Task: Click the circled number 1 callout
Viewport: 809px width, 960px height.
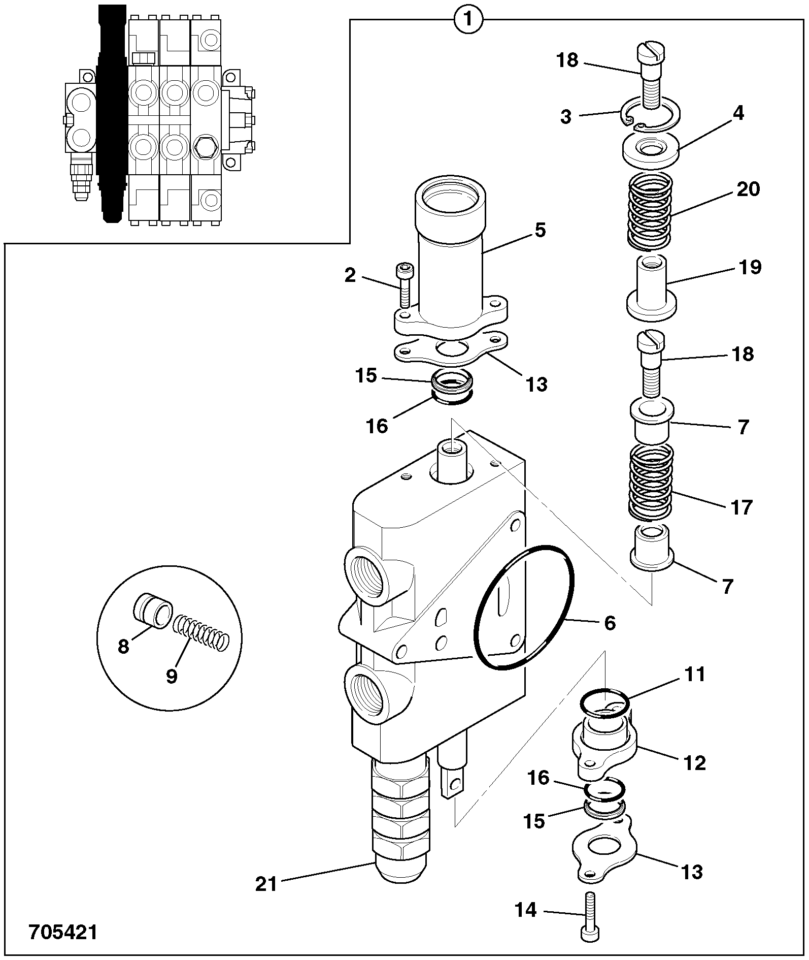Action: point(468,20)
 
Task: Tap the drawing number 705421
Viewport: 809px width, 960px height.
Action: point(62,932)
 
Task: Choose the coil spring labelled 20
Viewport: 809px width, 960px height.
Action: point(650,212)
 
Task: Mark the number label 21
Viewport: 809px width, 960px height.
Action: point(266,884)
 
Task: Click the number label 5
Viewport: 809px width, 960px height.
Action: point(540,230)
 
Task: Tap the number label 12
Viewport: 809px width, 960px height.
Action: point(695,762)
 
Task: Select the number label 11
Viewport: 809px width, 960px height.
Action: point(694,675)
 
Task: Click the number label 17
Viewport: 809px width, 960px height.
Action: point(741,507)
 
